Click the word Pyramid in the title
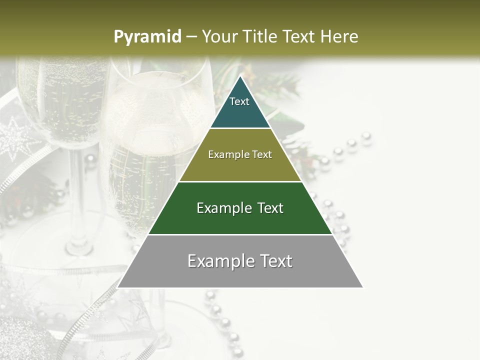coord(147,37)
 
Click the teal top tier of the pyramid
coord(240,112)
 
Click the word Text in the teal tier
coord(239,101)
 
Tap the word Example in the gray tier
coord(219,261)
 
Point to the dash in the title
coord(190,37)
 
